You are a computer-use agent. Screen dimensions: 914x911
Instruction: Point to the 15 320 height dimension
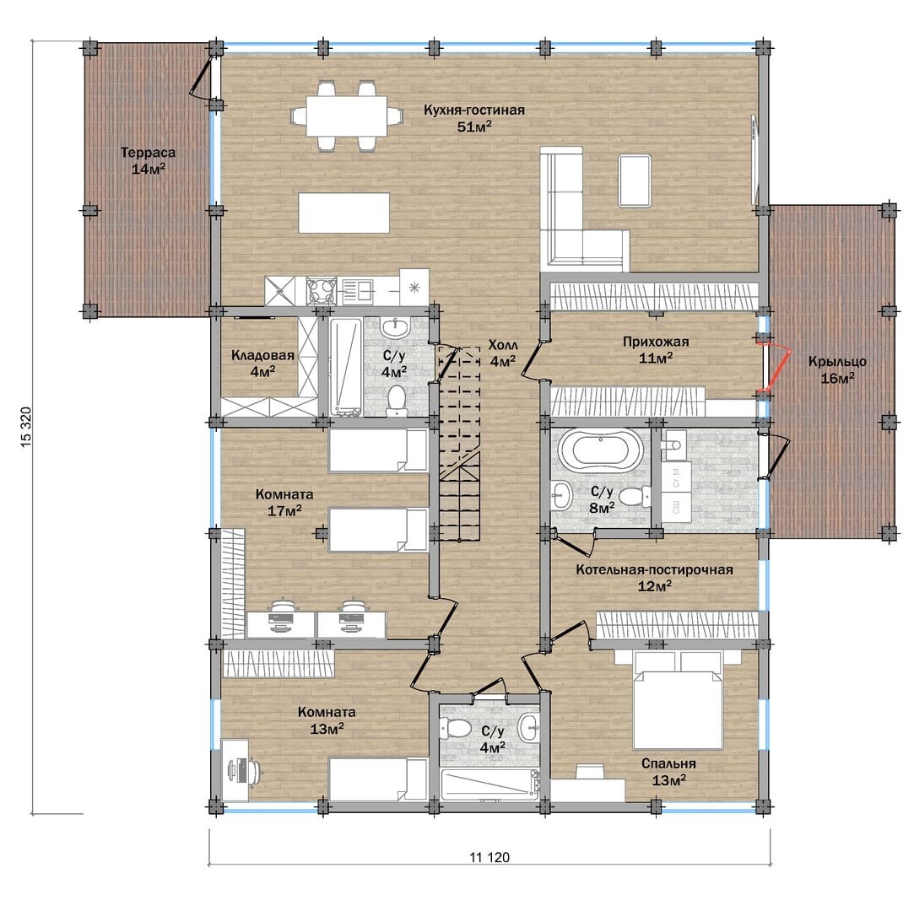click(26, 427)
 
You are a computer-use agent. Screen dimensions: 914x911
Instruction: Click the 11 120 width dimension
click(489, 857)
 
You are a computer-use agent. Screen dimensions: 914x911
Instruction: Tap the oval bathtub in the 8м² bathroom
click(600, 450)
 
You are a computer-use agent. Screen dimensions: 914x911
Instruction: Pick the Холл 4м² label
click(502, 353)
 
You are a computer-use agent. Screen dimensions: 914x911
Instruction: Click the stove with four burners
click(322, 291)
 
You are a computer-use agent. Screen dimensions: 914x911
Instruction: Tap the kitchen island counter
click(344, 213)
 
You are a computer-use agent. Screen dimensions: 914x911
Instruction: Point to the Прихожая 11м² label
click(656, 349)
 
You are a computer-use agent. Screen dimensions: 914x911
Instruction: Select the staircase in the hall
click(460, 444)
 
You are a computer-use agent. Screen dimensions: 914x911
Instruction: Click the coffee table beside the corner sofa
click(634, 180)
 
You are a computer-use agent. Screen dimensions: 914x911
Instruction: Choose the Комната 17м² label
click(284, 503)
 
